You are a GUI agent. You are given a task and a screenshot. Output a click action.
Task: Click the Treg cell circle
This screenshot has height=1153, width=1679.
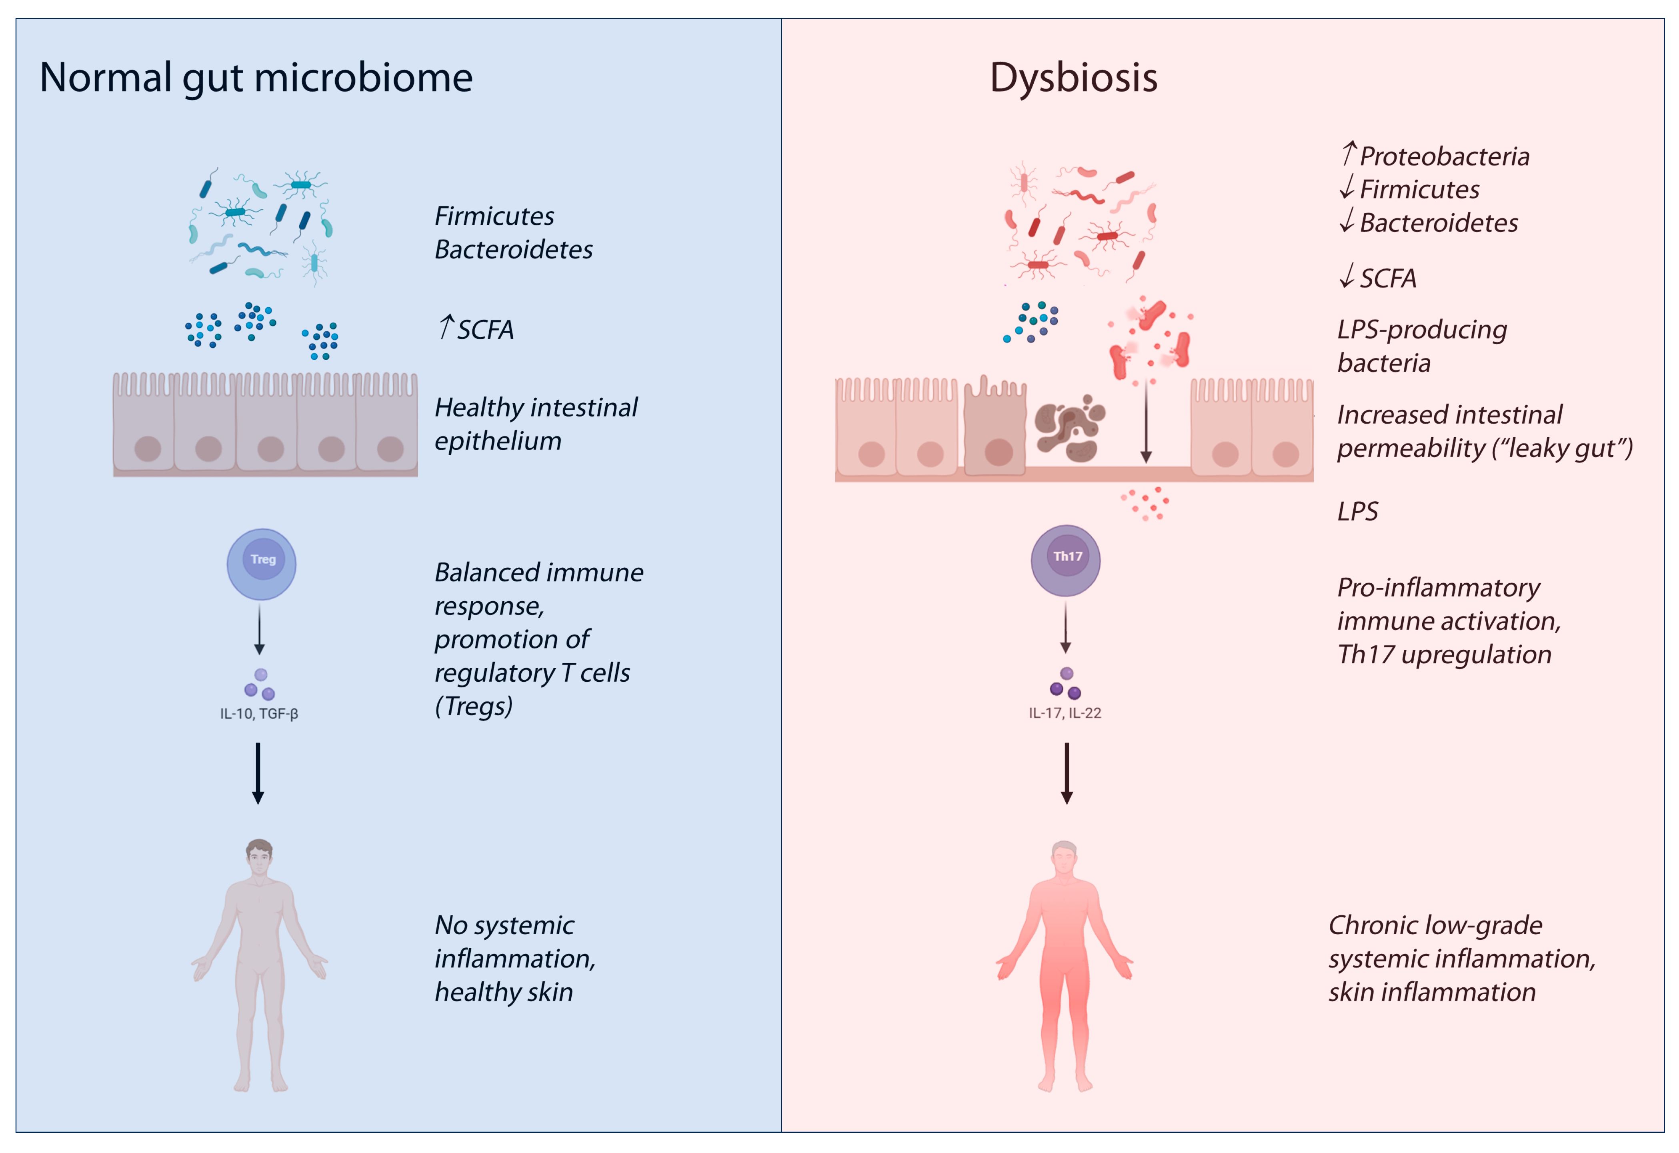click(262, 564)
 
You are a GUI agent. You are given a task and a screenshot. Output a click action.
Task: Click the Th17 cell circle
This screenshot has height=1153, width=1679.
click(1066, 560)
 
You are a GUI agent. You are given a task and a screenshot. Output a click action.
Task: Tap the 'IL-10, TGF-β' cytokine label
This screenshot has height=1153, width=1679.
click(259, 714)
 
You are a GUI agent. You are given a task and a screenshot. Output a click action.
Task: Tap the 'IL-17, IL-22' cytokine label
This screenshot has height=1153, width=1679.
click(1065, 713)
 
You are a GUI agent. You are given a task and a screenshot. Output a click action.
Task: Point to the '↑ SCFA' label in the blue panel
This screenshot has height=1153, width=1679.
click(477, 329)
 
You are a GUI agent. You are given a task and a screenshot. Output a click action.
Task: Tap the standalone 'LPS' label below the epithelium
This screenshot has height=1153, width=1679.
click(1357, 511)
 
